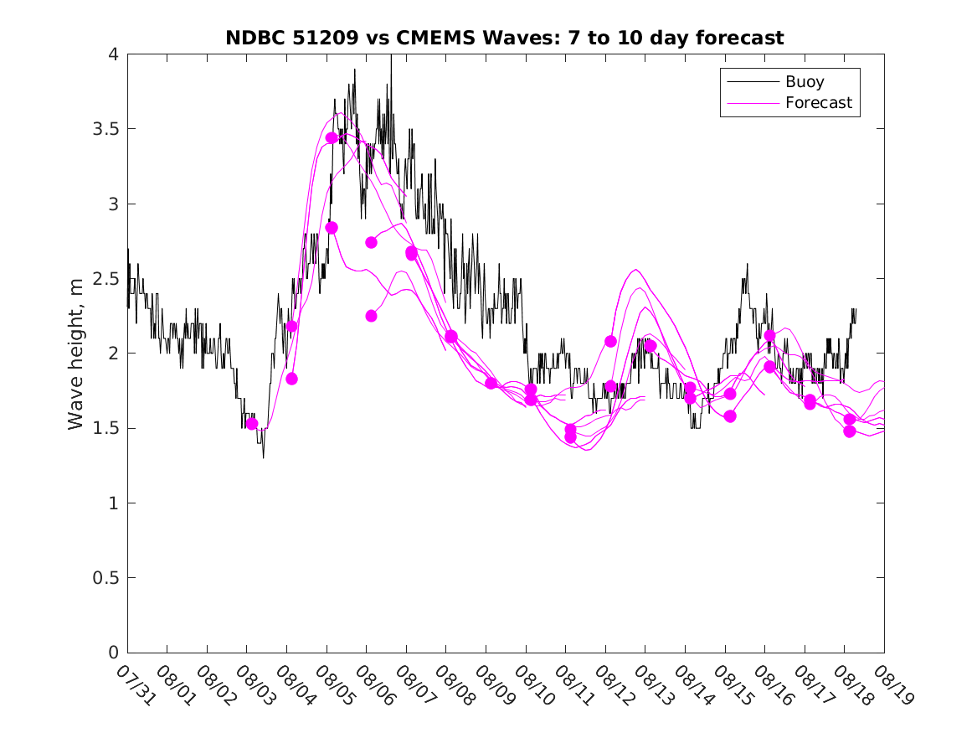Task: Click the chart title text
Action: pos(505,38)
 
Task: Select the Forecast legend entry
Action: pos(818,103)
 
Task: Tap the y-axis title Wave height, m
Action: pos(76,353)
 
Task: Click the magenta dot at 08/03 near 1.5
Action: pos(251,424)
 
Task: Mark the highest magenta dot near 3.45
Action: pos(332,138)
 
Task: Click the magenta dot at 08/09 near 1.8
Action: pos(491,384)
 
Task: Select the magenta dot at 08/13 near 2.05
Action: pos(650,346)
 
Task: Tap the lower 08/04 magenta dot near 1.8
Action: pos(291,379)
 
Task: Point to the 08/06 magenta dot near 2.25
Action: pos(371,316)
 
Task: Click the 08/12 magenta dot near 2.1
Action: pos(610,341)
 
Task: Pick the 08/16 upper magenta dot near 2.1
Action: pos(769,336)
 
